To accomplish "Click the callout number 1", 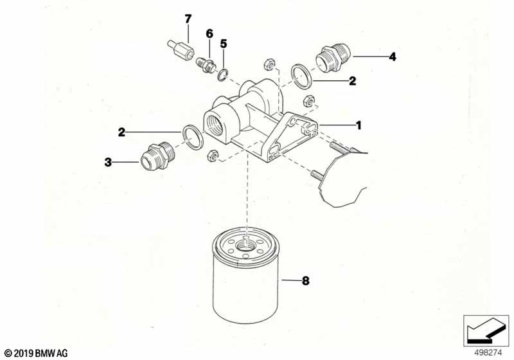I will coord(359,125).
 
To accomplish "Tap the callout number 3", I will coord(109,162).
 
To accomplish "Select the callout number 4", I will coord(392,57).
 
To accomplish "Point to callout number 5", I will coord(224,44).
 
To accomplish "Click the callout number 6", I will coord(209,33).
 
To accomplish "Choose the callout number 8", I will coord(306,281).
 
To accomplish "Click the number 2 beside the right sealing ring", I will coord(352,81).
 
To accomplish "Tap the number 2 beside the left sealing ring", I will coord(121,132).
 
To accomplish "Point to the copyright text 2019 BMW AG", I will coord(31,353).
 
